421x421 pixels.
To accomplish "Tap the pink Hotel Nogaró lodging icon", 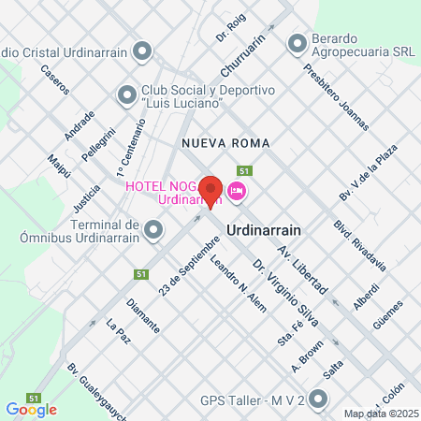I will click(236, 191).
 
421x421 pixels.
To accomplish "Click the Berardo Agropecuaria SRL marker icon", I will click(298, 43).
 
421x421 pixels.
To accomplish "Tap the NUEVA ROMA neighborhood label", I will click(225, 143).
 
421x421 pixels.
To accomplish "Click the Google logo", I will click(31, 409).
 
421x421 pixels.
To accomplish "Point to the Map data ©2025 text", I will click(380, 414).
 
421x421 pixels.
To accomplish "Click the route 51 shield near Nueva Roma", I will click(244, 171).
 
